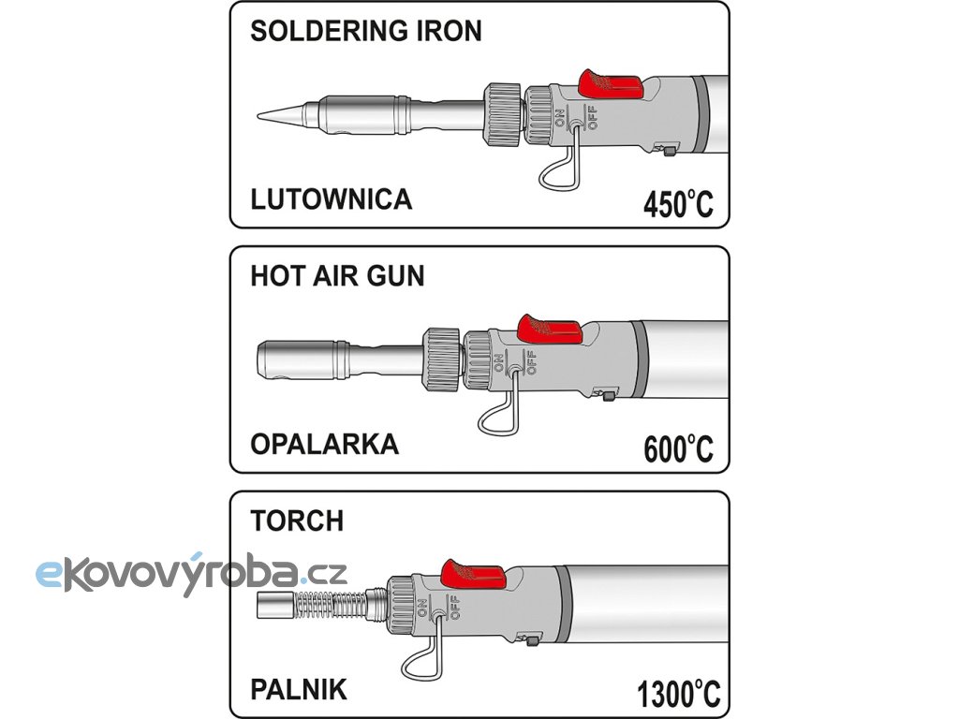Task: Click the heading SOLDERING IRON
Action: click(x=366, y=31)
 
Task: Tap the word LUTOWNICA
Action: click(x=332, y=199)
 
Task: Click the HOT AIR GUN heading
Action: click(x=337, y=276)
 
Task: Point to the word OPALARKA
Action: click(x=324, y=444)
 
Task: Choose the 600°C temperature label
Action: click(x=678, y=449)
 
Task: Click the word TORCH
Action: click(x=297, y=521)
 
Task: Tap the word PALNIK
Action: click(x=299, y=691)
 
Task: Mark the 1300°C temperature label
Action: click(x=679, y=695)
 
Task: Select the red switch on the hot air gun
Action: click(x=549, y=330)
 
